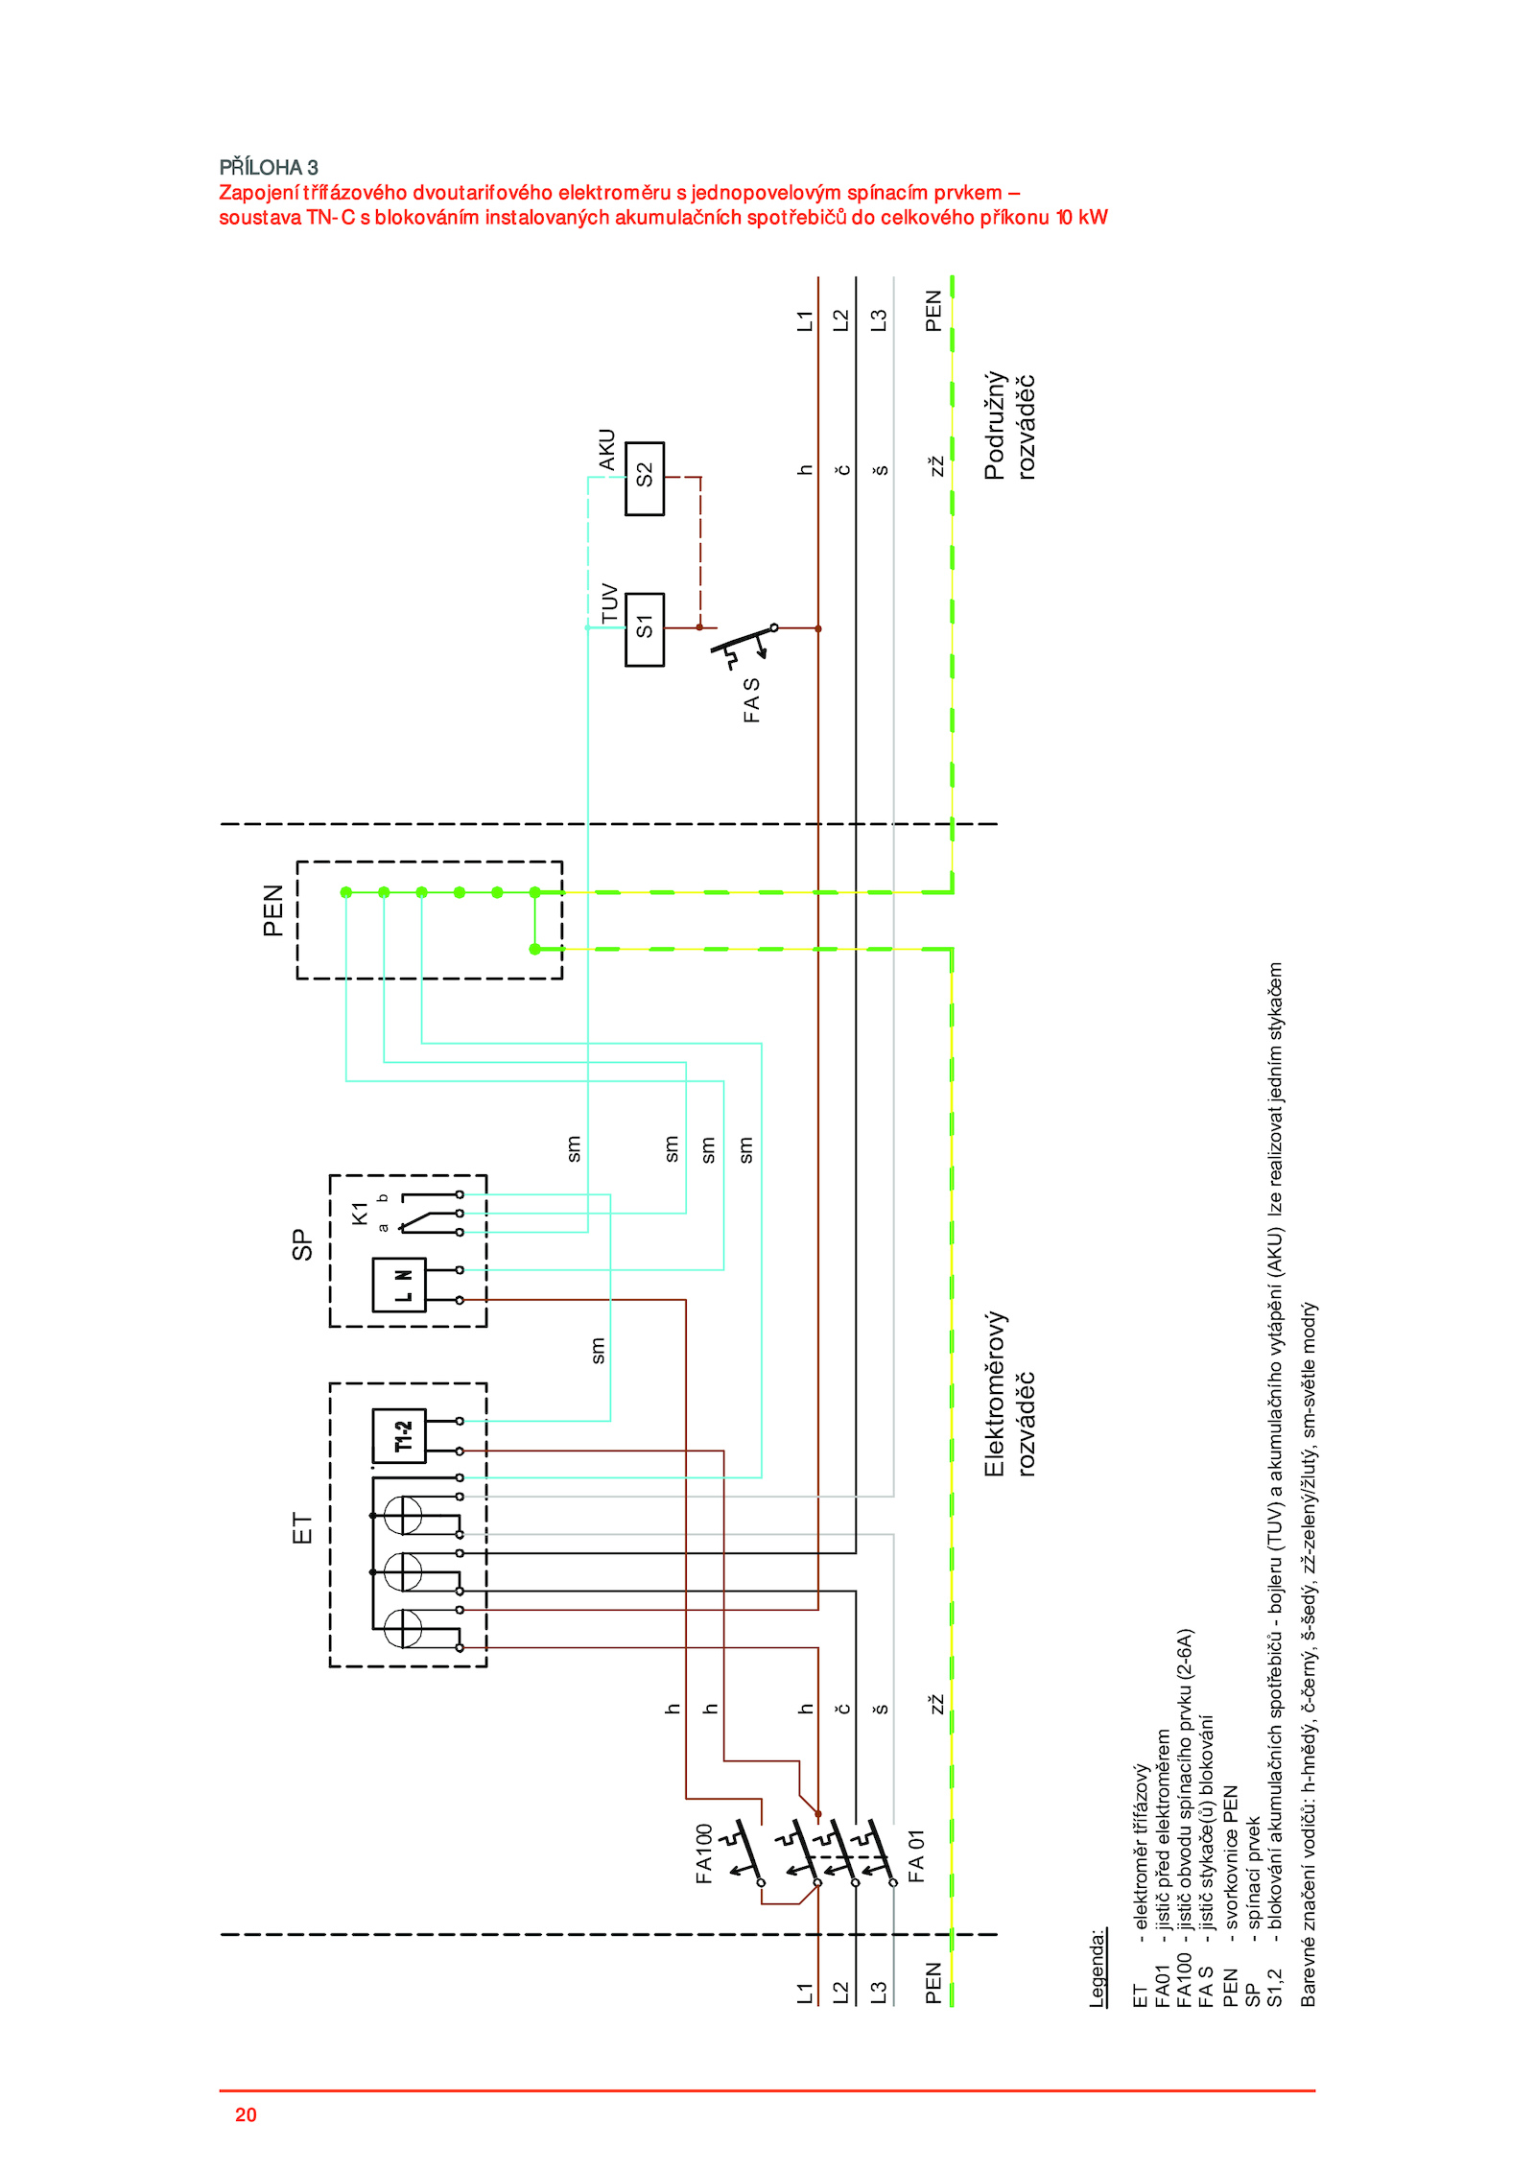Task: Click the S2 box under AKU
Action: (644, 478)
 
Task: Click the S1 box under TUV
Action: (644, 629)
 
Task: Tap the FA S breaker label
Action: (751, 700)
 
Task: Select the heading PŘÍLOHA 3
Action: (269, 168)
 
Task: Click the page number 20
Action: (246, 2114)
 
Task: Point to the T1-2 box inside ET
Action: (399, 1436)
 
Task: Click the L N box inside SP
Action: (399, 1285)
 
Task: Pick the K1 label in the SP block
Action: (360, 1213)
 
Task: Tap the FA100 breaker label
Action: (704, 1853)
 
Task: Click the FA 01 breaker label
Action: (916, 1855)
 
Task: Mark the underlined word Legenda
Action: (1098, 1969)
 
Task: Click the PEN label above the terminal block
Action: (273, 910)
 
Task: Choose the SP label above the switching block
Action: (302, 1245)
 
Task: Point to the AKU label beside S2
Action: (606, 450)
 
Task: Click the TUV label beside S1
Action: (610, 602)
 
